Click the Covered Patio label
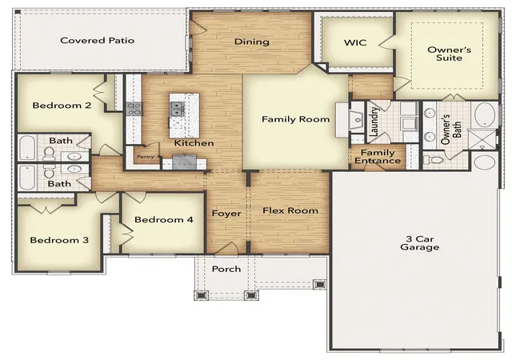(98, 41)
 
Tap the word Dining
(252, 42)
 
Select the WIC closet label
(355, 42)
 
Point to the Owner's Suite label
(450, 54)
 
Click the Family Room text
(295, 119)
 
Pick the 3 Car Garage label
(419, 243)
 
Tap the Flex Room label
(290, 210)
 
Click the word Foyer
(226, 214)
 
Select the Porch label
(226, 269)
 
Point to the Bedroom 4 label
(163, 219)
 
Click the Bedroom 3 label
(59, 240)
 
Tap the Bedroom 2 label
(62, 106)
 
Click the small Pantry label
(146, 157)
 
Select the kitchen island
(184, 116)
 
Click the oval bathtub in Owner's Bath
(485, 114)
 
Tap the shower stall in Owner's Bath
(482, 139)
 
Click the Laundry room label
(374, 121)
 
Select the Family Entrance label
(378, 157)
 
